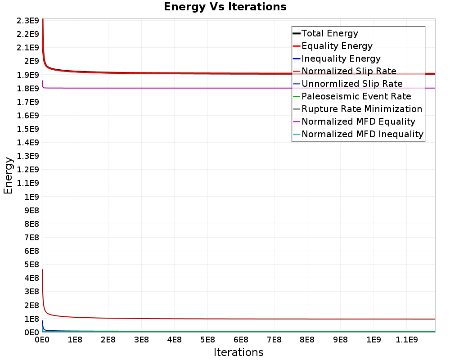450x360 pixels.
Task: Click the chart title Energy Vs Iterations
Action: tap(225, 7)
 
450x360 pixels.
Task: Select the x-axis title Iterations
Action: tap(238, 352)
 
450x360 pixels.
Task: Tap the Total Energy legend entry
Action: tap(329, 33)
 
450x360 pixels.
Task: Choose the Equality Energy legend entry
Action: tap(337, 46)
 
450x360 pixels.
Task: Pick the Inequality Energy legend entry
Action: tap(341, 58)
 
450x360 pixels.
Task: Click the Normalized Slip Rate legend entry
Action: tap(349, 71)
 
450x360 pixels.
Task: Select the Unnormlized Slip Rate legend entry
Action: tap(352, 84)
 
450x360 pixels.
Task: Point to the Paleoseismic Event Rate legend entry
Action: tap(356, 96)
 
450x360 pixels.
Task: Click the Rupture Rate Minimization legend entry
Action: tap(362, 109)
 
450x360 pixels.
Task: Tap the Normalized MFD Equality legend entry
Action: tap(358, 121)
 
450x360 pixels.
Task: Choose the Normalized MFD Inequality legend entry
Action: tap(362, 134)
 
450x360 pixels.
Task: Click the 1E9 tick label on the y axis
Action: tap(32, 197)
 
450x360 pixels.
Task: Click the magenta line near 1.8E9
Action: tap(225, 88)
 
